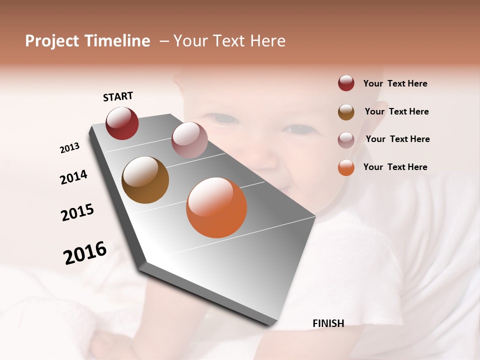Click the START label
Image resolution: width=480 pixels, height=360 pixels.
[x=118, y=96]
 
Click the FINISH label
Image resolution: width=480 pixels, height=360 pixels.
[x=328, y=323]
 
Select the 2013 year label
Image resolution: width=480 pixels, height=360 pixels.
[x=70, y=148]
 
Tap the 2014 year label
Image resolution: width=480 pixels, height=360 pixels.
[x=74, y=177]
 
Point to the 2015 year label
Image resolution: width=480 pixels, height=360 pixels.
[x=77, y=212]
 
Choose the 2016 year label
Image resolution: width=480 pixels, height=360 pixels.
[x=85, y=252]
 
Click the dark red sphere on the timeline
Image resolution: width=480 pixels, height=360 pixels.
[x=122, y=123]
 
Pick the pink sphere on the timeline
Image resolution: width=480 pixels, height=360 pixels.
[x=189, y=139]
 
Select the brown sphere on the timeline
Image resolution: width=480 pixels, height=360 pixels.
[x=145, y=180]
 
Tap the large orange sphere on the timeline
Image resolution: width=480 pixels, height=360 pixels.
[x=216, y=207]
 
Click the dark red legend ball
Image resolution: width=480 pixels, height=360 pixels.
[x=346, y=83]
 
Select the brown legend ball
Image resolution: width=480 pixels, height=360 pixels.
[x=346, y=111]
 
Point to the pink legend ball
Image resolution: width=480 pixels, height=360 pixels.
[x=346, y=139]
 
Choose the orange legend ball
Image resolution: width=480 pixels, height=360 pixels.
[x=346, y=167]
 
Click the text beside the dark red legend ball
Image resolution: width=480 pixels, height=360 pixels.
[x=395, y=84]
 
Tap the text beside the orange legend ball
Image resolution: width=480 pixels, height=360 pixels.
[x=395, y=167]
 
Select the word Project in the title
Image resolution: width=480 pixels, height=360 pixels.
[x=52, y=41]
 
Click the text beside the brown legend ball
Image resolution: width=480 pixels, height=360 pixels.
[x=396, y=111]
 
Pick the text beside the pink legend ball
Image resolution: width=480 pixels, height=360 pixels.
[x=397, y=139]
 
